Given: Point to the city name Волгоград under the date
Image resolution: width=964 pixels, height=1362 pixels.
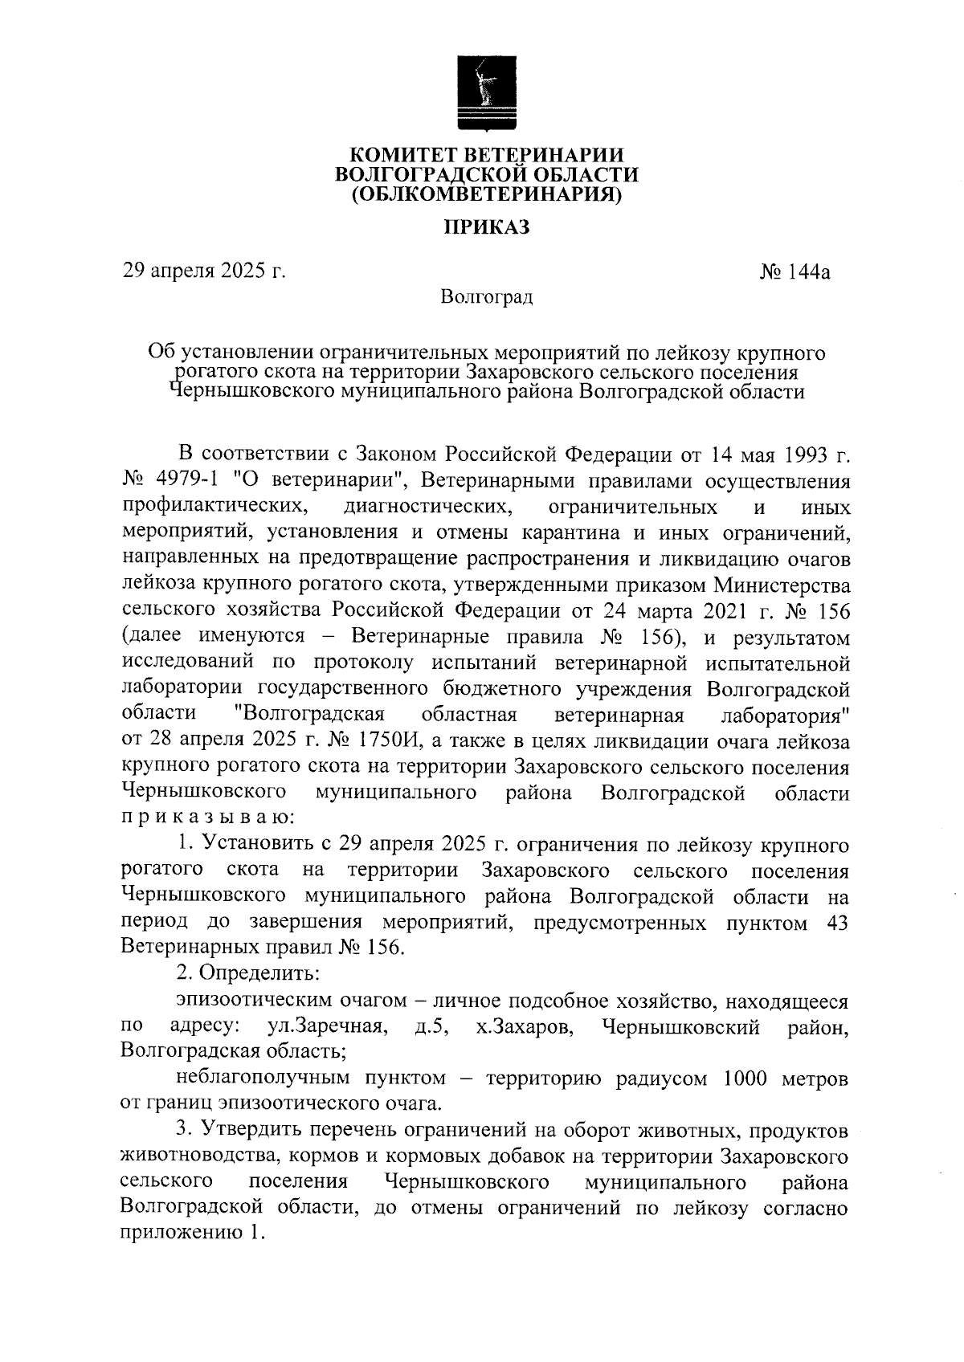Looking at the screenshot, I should (487, 298).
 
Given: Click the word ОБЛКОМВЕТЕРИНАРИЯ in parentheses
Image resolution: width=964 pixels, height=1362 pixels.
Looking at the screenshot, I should (488, 194).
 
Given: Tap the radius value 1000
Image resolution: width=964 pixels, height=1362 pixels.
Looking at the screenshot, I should (750, 1079).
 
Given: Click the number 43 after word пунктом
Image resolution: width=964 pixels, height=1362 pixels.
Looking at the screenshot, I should (836, 923).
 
